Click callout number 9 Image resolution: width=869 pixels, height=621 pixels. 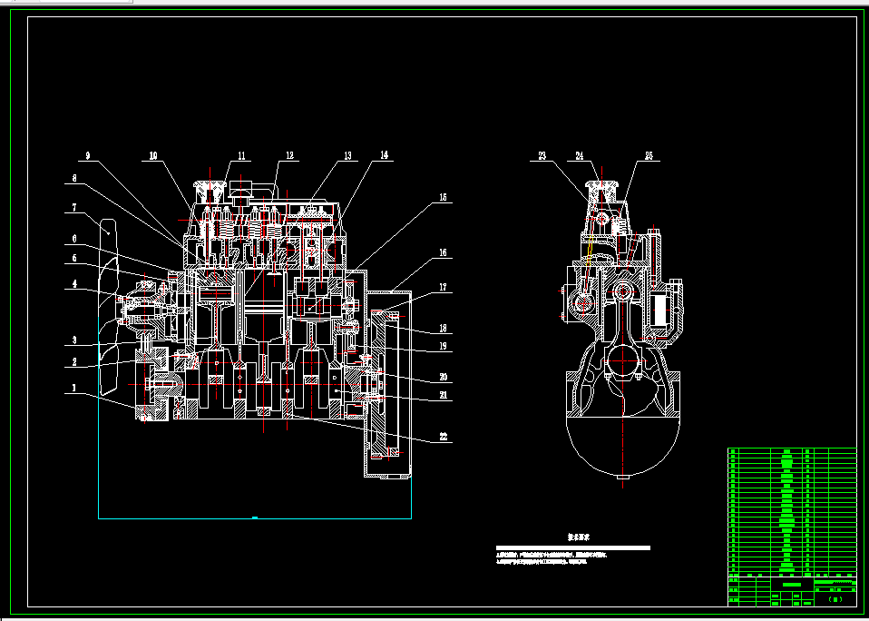point(88,156)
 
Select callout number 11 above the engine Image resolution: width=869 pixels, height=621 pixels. point(242,156)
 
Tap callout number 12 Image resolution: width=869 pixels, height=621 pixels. point(289,156)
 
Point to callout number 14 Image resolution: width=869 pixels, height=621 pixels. point(385,156)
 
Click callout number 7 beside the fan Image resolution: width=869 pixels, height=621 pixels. point(72,208)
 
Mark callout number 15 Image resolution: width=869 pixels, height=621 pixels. point(443,197)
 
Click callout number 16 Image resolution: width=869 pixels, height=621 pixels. point(443,254)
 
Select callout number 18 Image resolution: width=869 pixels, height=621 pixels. point(443,328)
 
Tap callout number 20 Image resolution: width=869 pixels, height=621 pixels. point(443,377)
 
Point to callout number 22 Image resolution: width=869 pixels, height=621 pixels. point(443,437)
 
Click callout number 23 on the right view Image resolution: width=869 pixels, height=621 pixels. point(542,156)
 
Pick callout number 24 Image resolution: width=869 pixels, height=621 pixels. point(581,156)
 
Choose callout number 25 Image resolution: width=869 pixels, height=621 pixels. point(649,156)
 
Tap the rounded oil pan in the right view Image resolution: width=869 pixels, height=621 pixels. point(622,445)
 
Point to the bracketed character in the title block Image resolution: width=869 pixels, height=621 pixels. point(836,599)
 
